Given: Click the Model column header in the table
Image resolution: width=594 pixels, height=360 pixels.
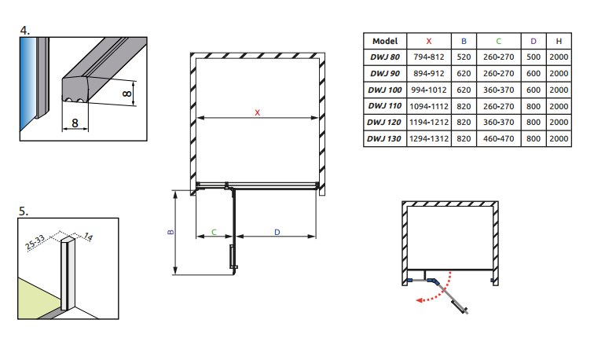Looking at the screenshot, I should pos(386,41).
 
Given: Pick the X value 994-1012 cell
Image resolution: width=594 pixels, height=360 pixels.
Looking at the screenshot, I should pos(429,90).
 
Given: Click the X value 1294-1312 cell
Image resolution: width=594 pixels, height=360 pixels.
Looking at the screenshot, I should pos(429,139).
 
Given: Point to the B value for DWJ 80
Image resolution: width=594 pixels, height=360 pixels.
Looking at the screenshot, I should pos(464,57).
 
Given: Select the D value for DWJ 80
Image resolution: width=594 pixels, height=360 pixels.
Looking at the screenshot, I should pos(533,57).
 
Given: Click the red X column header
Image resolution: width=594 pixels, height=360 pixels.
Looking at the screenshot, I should pos(429,41).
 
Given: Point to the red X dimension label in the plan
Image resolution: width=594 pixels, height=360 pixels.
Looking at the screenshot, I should pos(258,112).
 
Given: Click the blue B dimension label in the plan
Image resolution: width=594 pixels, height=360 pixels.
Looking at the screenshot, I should pos(170,233).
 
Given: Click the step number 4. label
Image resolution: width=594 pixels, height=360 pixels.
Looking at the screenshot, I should pos(25,31).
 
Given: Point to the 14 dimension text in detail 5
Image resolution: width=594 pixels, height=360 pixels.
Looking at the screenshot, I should pos(88,235).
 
